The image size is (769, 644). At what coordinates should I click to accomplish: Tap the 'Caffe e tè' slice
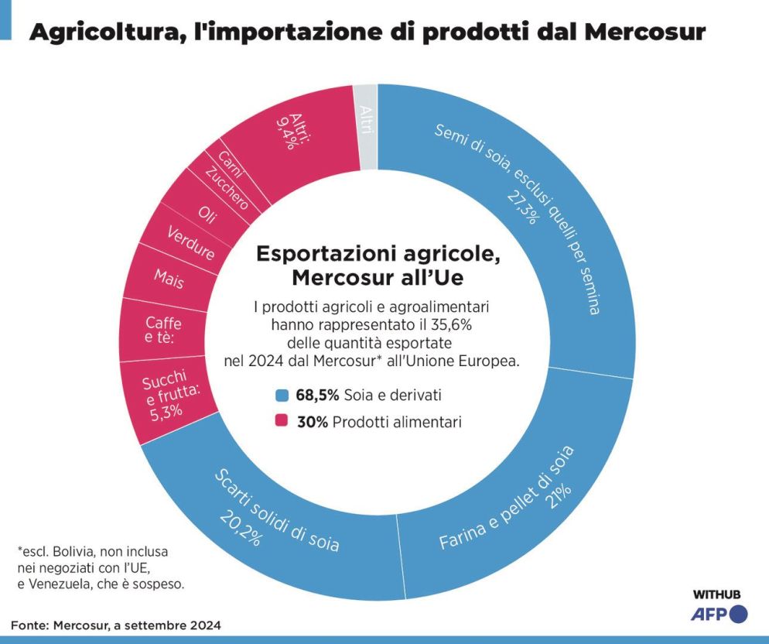click(163, 330)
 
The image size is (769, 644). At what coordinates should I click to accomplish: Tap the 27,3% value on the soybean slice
click(522, 204)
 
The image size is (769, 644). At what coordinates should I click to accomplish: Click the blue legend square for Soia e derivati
click(282, 396)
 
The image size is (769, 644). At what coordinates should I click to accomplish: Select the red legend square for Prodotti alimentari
click(282, 422)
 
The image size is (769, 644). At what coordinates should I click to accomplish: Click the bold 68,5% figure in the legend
click(317, 396)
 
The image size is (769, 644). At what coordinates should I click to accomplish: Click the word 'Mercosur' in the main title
click(644, 32)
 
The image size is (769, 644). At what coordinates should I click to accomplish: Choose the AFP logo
click(719, 615)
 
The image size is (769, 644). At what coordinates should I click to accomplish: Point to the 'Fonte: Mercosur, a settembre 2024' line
click(116, 625)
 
